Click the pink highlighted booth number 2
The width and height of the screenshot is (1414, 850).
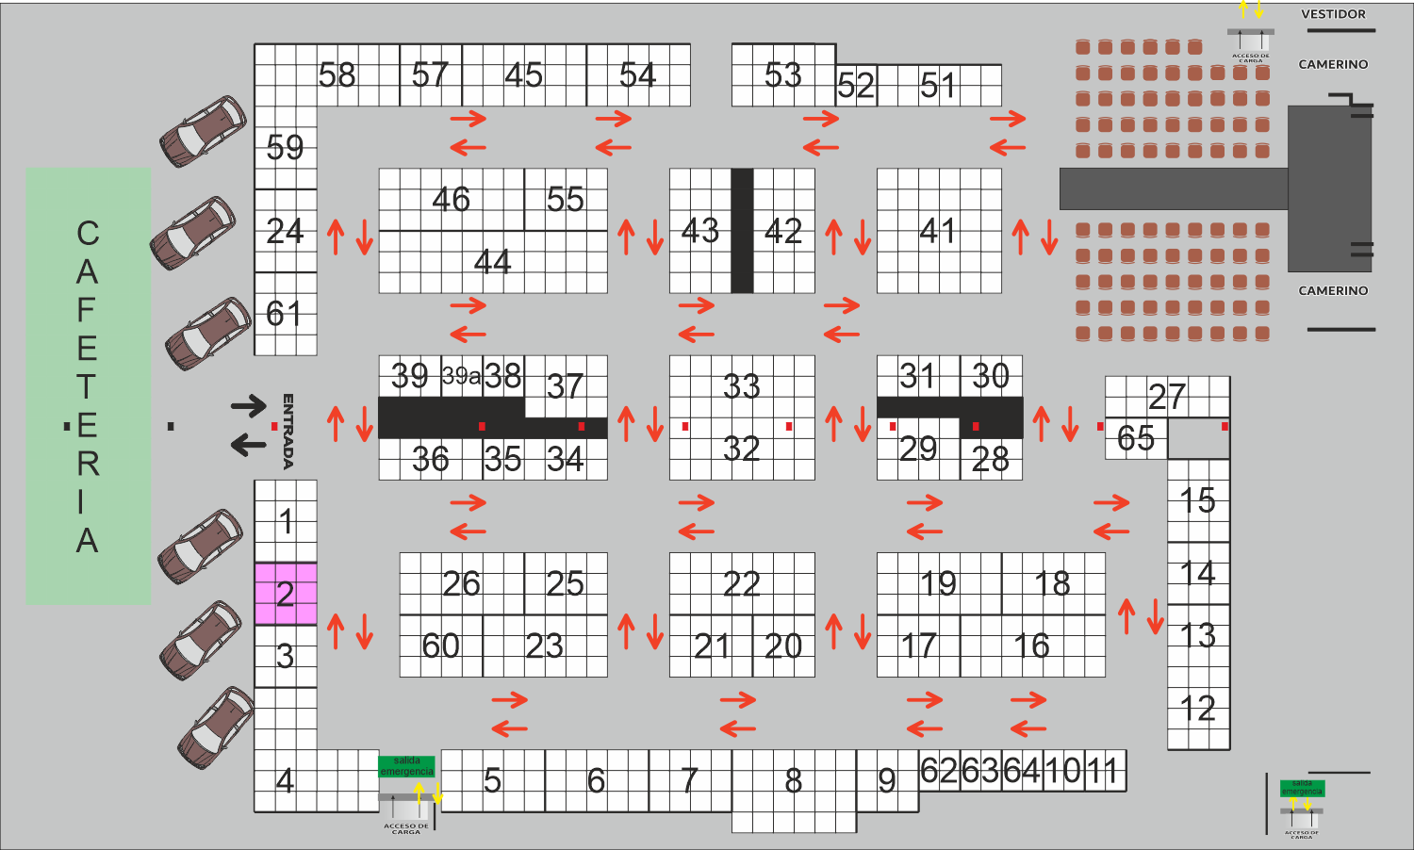(285, 594)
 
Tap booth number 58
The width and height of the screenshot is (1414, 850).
(337, 75)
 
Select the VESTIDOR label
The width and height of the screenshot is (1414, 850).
(1333, 14)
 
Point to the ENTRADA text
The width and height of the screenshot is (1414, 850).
(288, 432)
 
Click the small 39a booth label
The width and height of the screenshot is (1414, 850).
(461, 377)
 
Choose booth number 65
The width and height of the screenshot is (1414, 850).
(1135, 438)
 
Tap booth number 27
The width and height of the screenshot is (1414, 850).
(1166, 397)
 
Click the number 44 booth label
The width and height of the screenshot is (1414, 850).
(492, 261)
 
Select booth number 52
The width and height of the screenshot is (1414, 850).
(856, 87)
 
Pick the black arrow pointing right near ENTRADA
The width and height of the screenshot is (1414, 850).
(249, 406)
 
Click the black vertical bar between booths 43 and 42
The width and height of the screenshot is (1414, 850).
(742, 231)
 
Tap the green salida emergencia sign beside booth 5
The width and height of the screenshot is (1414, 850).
(406, 766)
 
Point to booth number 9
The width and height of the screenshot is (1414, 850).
(886, 781)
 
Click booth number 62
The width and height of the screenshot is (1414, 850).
(939, 771)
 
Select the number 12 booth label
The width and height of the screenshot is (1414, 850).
(1197, 709)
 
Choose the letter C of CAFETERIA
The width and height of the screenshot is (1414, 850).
(88, 234)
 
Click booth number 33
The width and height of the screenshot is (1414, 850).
(741, 386)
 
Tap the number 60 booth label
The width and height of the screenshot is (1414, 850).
(440, 646)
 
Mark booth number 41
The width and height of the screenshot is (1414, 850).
(938, 231)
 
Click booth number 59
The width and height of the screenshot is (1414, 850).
(285, 148)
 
